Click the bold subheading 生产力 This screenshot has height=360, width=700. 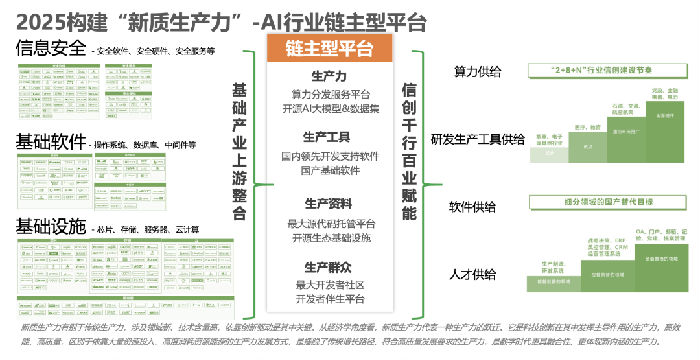330,77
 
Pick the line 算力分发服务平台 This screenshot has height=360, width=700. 330,93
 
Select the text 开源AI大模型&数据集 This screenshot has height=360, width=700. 330,108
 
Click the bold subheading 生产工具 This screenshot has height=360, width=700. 330,137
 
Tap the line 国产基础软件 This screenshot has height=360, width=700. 330,169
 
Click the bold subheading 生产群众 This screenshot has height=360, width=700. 330,267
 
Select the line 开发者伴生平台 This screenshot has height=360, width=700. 330,299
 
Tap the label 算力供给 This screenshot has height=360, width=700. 478,73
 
